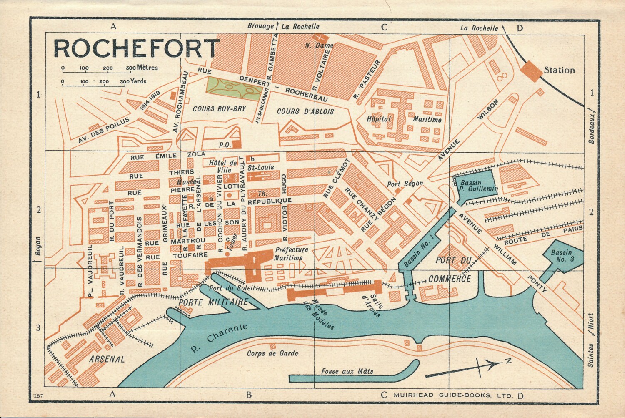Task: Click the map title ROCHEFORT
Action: tap(136, 48)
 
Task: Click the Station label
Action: tap(559, 70)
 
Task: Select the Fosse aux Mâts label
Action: tap(347, 371)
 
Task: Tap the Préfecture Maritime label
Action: tap(291, 254)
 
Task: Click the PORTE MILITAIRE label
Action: tap(213, 302)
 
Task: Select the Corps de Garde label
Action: tap(272, 353)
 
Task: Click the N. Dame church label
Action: tap(314, 45)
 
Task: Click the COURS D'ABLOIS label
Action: tap(305, 111)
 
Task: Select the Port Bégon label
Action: tap(405, 183)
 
